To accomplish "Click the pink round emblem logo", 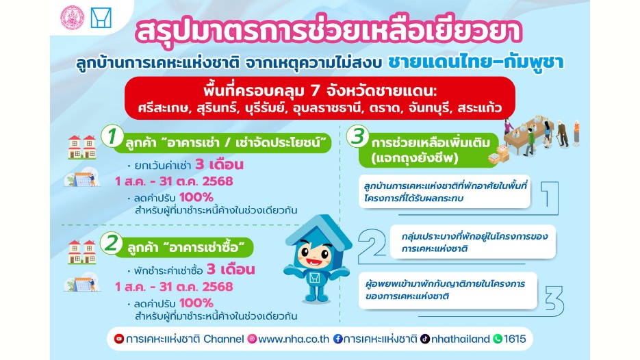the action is [x=73, y=18].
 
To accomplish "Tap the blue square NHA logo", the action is [x=101, y=18].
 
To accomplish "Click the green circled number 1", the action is [x=112, y=136].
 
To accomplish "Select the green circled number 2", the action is [x=111, y=243].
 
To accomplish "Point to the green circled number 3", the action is [x=358, y=136].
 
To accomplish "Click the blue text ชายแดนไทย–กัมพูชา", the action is [x=476, y=62].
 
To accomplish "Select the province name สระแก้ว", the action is [x=480, y=108].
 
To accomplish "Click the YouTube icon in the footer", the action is [x=119, y=339].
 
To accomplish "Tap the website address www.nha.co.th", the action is [x=294, y=339].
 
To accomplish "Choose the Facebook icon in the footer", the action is [x=338, y=339].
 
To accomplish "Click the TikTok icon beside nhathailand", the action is [x=425, y=339].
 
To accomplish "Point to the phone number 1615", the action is [x=515, y=339].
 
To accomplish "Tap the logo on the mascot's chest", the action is [x=314, y=279].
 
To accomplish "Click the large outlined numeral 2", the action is [x=371, y=246].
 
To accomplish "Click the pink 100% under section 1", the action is [x=196, y=198].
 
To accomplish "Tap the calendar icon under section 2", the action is [x=82, y=283].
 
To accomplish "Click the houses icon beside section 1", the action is [x=82, y=147].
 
